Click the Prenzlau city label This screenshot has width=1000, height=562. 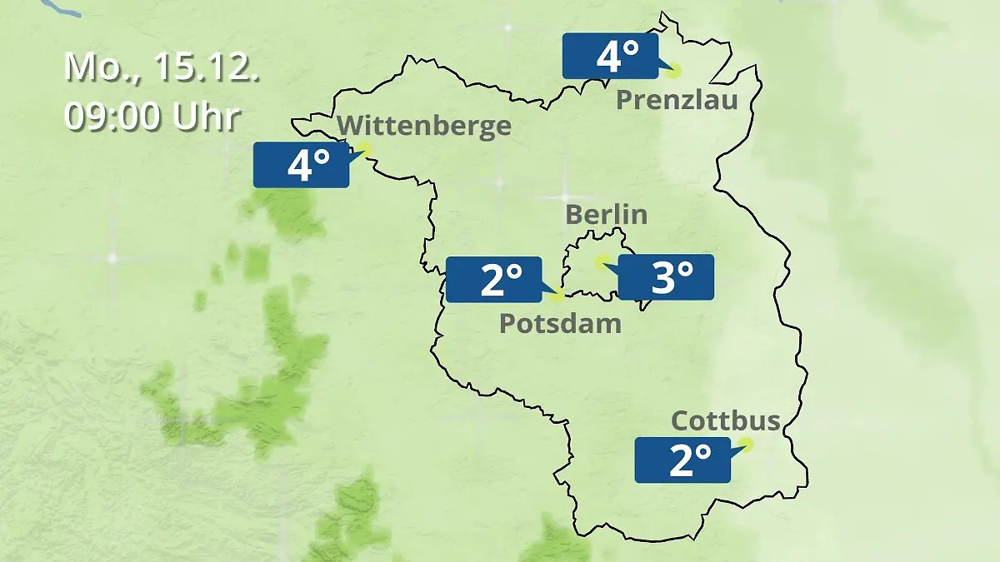(677, 101)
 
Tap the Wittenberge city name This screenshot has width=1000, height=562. (425, 126)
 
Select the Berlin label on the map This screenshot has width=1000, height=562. (606, 214)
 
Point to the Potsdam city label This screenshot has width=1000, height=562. (560, 323)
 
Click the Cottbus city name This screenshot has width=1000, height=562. (726, 420)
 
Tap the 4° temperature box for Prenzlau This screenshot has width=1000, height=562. (610, 57)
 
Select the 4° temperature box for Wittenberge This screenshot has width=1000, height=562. (301, 165)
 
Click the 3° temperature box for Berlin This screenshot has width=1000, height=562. (666, 277)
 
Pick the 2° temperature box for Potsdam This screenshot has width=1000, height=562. (493, 280)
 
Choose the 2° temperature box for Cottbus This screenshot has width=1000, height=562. (682, 460)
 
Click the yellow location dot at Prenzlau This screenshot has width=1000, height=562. (673, 71)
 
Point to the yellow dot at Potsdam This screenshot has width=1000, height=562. (557, 295)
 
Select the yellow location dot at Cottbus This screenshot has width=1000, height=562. (746, 445)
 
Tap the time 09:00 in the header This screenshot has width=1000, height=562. (114, 117)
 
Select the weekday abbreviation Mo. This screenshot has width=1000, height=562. (92, 67)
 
